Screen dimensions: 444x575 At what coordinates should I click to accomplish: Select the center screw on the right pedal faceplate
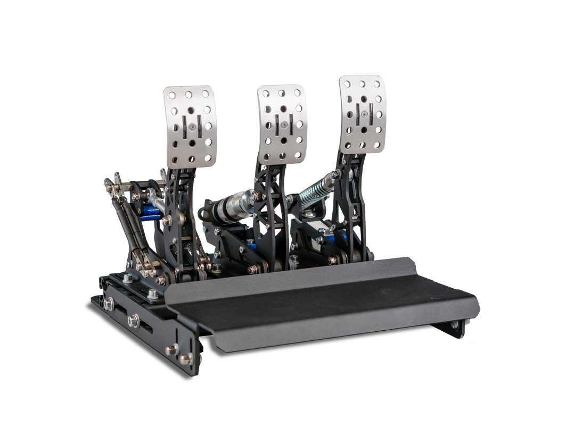pos(363,113)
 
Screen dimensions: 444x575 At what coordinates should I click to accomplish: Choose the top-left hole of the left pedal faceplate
pos(168,96)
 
